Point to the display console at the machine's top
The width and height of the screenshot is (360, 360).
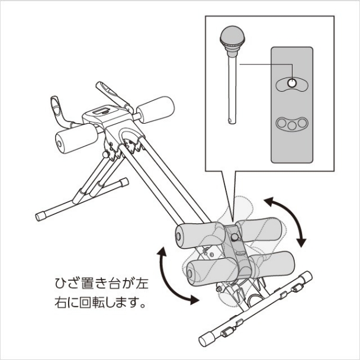101,112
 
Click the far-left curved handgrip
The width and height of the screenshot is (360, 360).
56,107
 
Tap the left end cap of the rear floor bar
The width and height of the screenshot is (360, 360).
40,216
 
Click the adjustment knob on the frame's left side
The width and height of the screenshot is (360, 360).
106,155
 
